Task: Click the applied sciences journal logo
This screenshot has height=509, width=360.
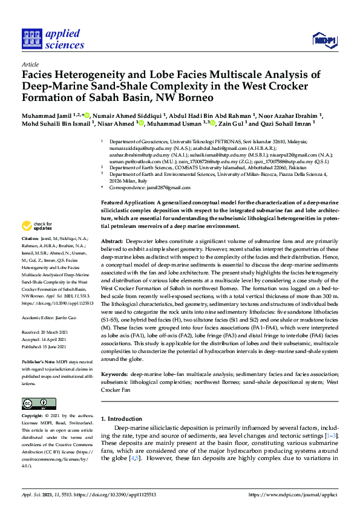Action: coord(53,37)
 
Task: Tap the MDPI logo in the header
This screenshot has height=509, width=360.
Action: coord(324,41)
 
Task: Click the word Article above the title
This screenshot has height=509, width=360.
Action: coord(30,63)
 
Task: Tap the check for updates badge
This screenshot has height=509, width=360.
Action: coord(37,226)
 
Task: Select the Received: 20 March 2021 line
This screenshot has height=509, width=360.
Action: coord(48,332)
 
